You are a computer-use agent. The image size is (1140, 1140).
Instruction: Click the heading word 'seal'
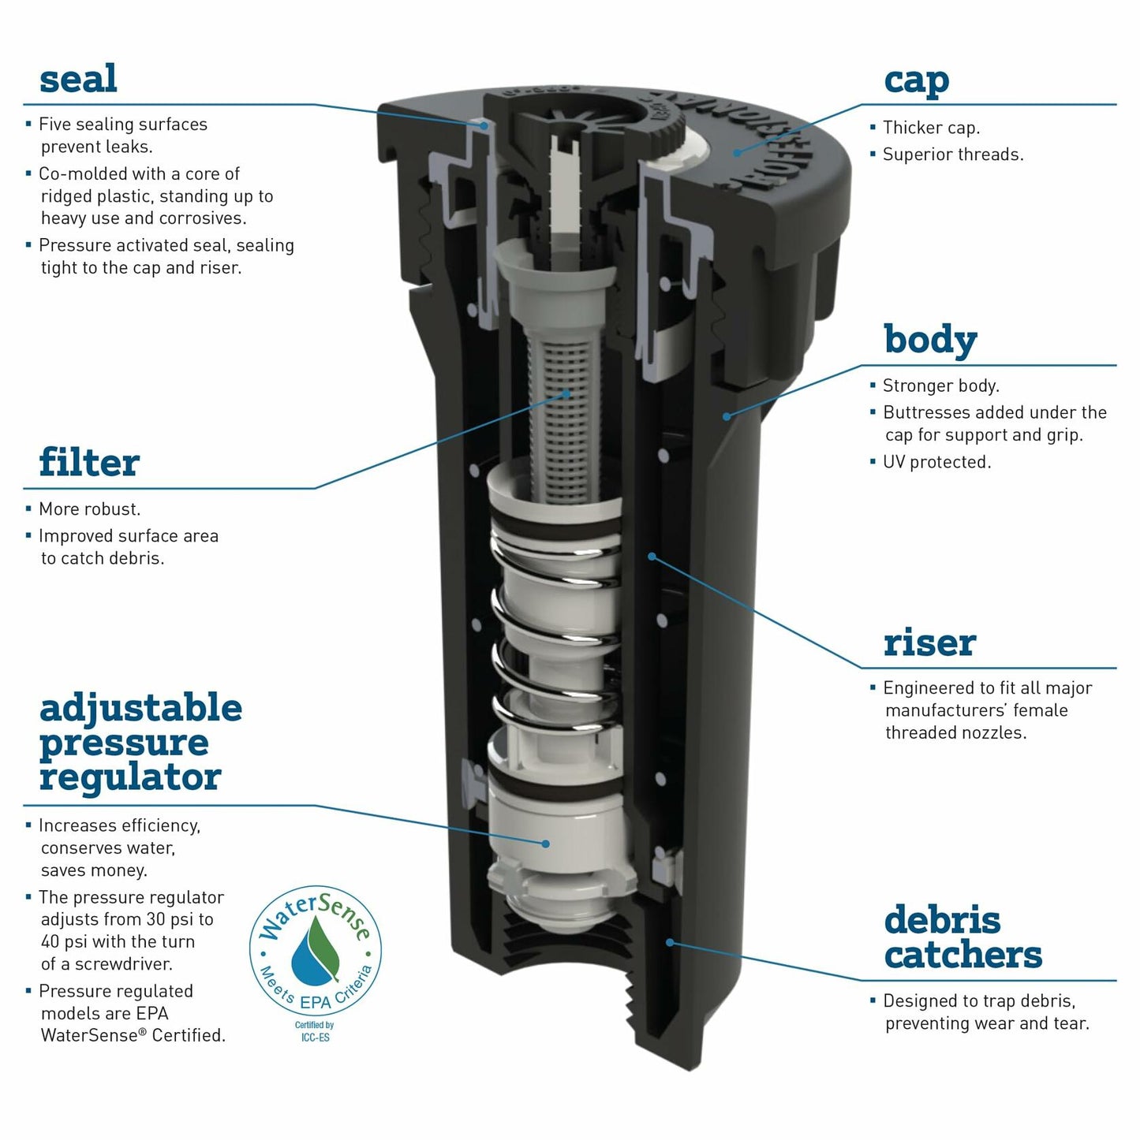pyautogui.click(x=78, y=79)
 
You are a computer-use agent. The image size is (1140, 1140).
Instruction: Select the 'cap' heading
pyautogui.click(x=916, y=82)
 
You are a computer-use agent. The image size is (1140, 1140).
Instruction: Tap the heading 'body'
pyautogui.click(x=930, y=340)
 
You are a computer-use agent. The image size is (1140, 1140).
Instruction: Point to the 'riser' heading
pyautogui.click(x=929, y=643)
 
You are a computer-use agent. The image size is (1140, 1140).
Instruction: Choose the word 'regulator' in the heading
pyautogui.click(x=130, y=777)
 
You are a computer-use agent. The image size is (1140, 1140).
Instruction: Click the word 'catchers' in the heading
pyautogui.click(x=963, y=955)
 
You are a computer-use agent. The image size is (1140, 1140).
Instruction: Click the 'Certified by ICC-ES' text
pyautogui.click(x=315, y=1031)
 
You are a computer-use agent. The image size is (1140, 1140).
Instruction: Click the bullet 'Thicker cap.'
pyautogui.click(x=931, y=127)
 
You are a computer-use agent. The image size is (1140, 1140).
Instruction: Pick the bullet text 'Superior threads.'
pyautogui.click(x=953, y=155)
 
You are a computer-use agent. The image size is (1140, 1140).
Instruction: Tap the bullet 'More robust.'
pyautogui.click(x=89, y=509)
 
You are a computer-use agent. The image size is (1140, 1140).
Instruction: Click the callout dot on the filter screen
pyautogui.click(x=566, y=393)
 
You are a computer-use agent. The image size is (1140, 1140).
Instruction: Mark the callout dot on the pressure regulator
pyautogui.click(x=545, y=844)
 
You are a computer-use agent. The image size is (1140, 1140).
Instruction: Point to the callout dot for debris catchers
pyautogui.click(x=670, y=942)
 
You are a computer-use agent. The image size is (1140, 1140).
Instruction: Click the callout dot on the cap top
pyautogui.click(x=737, y=152)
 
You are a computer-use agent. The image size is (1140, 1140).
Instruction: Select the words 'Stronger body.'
pyautogui.click(x=941, y=386)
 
